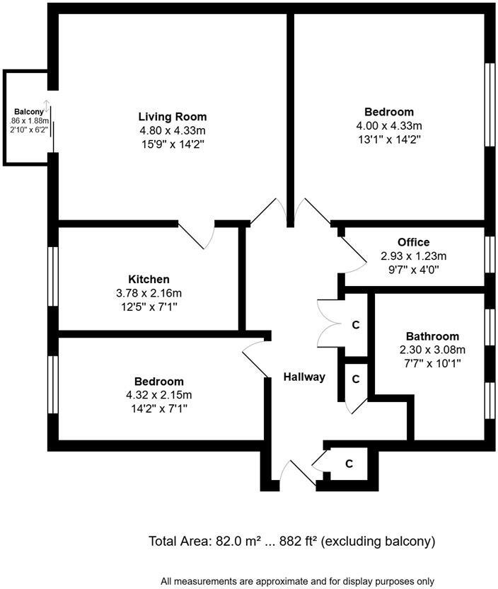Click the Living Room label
172,117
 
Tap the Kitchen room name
149,280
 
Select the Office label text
413,242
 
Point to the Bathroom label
432,336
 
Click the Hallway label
304,377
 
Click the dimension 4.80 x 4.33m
173,131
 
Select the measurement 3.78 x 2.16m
149,293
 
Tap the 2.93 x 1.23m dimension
413,256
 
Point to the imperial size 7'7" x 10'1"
432,364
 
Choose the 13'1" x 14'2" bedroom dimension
389,139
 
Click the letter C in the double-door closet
356,326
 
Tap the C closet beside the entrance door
349,464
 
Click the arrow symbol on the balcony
47,108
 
